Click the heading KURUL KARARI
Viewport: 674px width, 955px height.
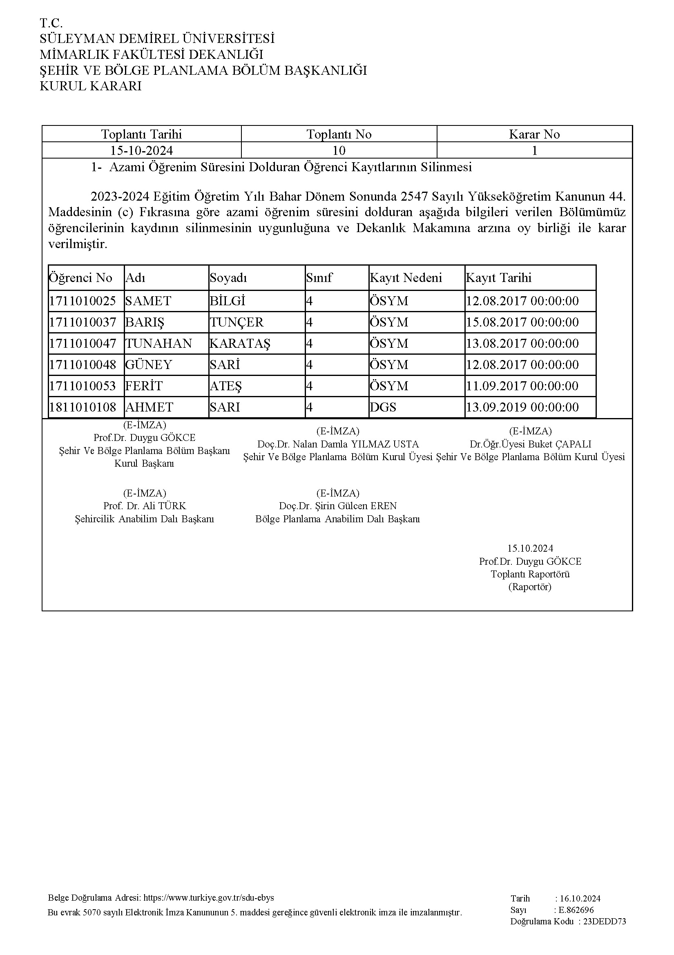(x=90, y=86)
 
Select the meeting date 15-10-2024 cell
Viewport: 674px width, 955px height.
(x=141, y=150)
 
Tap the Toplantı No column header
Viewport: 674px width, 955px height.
(x=339, y=134)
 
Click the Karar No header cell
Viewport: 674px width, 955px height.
(x=534, y=134)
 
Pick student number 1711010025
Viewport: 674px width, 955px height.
(x=83, y=301)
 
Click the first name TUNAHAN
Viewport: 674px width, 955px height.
(x=159, y=343)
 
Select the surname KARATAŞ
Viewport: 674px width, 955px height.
(x=240, y=343)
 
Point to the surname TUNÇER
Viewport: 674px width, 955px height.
(x=237, y=322)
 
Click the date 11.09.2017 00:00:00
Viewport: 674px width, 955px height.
(x=522, y=386)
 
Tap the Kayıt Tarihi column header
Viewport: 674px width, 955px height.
(x=498, y=277)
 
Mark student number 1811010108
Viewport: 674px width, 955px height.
(x=83, y=407)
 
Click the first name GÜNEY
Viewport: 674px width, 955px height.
(x=149, y=365)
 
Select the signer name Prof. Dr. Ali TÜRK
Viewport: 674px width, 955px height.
(x=145, y=506)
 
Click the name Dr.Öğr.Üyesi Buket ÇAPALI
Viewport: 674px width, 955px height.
(x=530, y=444)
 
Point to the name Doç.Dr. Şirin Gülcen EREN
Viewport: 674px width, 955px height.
(x=338, y=506)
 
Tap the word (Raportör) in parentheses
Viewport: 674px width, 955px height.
(x=530, y=587)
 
